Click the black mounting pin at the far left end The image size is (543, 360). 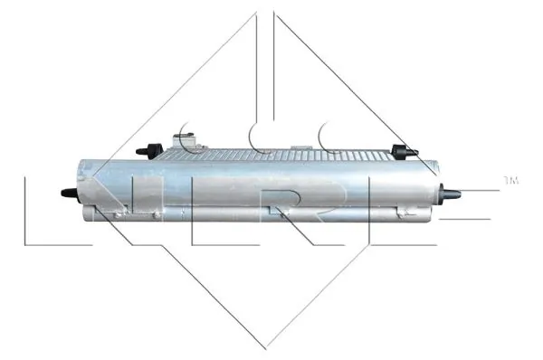pyautogui.click(x=67, y=193)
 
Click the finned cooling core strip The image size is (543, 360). pyautogui.click(x=290, y=156)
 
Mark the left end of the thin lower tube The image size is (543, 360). pyautogui.click(x=88, y=214)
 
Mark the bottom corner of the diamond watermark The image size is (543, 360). pyautogui.click(x=265, y=348)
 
